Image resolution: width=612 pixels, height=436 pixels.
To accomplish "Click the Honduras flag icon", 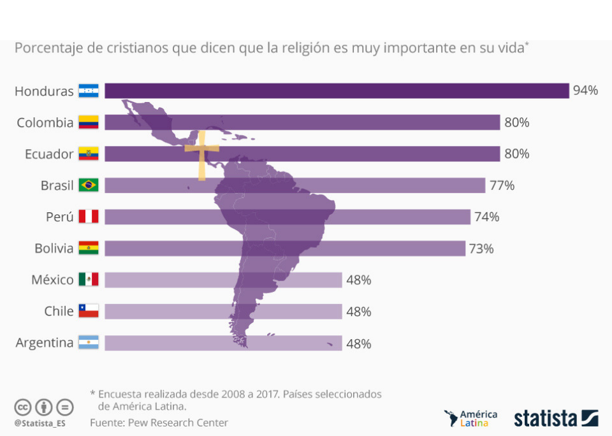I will click(89, 91).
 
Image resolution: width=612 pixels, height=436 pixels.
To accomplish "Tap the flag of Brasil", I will click(89, 185).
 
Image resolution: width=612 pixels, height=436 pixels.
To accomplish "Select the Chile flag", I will click(89, 311).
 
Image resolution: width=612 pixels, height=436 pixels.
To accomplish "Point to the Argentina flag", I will click(89, 343).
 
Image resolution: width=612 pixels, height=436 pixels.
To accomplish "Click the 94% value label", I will click(585, 91).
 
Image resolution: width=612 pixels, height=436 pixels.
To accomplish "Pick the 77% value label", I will click(502, 185).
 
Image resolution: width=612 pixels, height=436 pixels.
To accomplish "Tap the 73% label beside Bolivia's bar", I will click(481, 249).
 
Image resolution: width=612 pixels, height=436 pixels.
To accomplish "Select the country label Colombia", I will click(45, 122).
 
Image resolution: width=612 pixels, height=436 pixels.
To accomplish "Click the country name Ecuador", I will click(49, 154).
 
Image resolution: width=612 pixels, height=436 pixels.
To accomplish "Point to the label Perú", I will click(59, 217).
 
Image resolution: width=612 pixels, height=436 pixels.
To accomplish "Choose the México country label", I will click(52, 280).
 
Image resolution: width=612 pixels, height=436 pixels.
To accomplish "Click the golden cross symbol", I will click(201, 154).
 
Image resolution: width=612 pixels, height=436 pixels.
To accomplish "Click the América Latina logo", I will click(471, 418).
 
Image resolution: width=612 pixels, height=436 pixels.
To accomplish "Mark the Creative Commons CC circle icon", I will click(23, 407).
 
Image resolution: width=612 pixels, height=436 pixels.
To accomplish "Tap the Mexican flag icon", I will click(89, 280).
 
